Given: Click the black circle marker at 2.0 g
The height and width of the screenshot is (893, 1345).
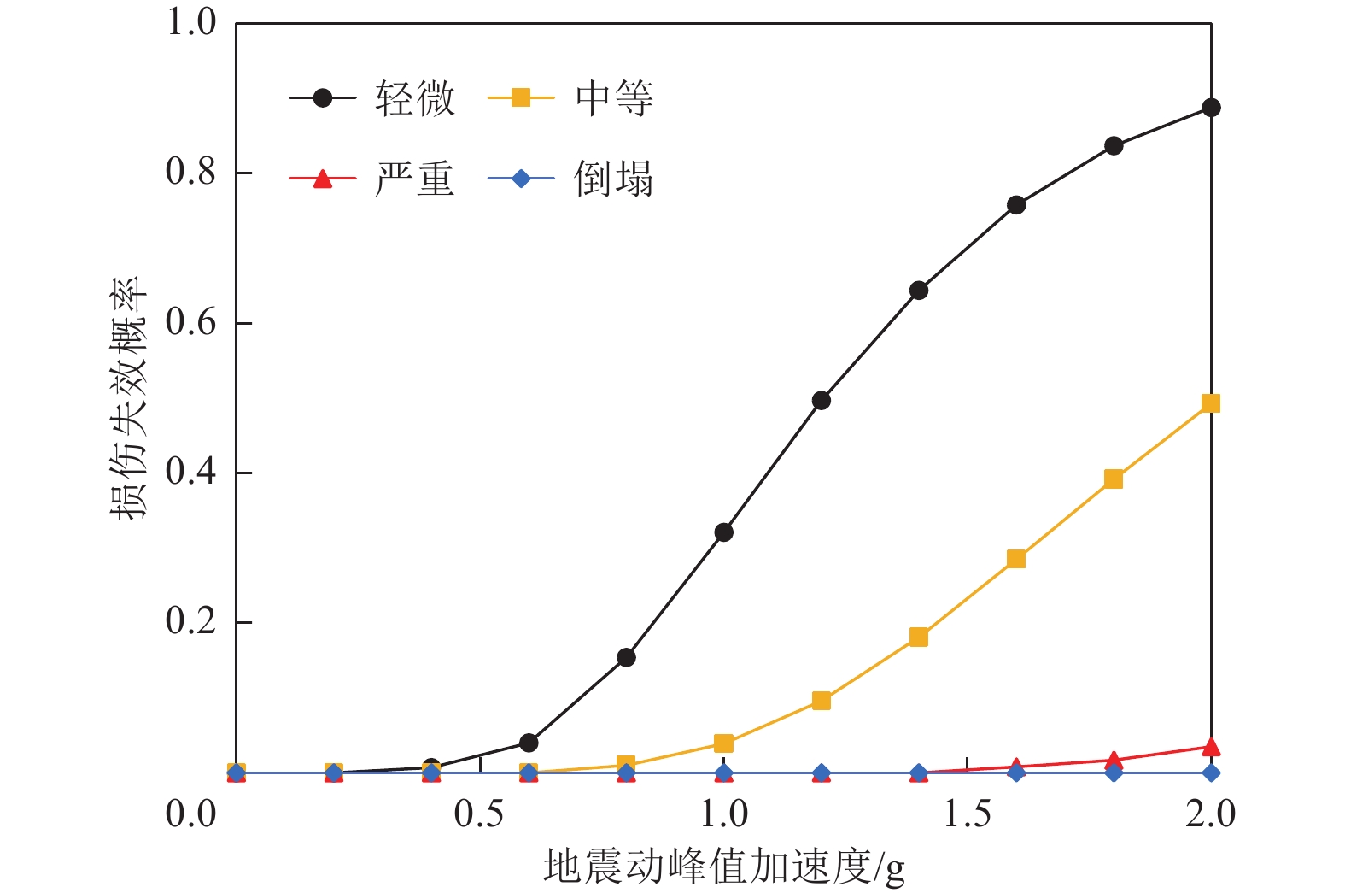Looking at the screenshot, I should [x=1211, y=108].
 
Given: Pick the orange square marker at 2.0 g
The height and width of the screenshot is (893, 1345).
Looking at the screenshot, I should [x=1211, y=403].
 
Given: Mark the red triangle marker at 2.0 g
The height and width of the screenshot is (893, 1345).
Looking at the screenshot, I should [x=1211, y=748].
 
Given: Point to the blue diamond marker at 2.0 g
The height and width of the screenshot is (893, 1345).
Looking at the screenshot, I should [x=1211, y=773].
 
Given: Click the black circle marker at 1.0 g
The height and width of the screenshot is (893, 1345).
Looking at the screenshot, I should [x=723, y=532].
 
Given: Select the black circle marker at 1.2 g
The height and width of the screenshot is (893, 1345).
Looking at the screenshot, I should [x=822, y=400].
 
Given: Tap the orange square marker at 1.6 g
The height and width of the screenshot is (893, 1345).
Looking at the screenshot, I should [x=1016, y=559].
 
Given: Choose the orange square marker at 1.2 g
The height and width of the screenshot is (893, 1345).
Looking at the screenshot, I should [x=822, y=701].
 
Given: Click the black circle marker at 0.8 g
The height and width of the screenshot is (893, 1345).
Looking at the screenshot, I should [x=626, y=657].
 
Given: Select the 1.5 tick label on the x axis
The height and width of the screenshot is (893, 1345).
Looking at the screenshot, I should [x=967, y=814].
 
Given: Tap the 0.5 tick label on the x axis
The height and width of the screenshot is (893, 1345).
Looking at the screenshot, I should [x=479, y=814].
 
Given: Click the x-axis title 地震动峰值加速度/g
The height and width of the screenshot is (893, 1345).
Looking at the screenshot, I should [x=723, y=867].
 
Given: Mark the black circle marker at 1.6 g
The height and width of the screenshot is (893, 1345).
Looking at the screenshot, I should [x=1016, y=205].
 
